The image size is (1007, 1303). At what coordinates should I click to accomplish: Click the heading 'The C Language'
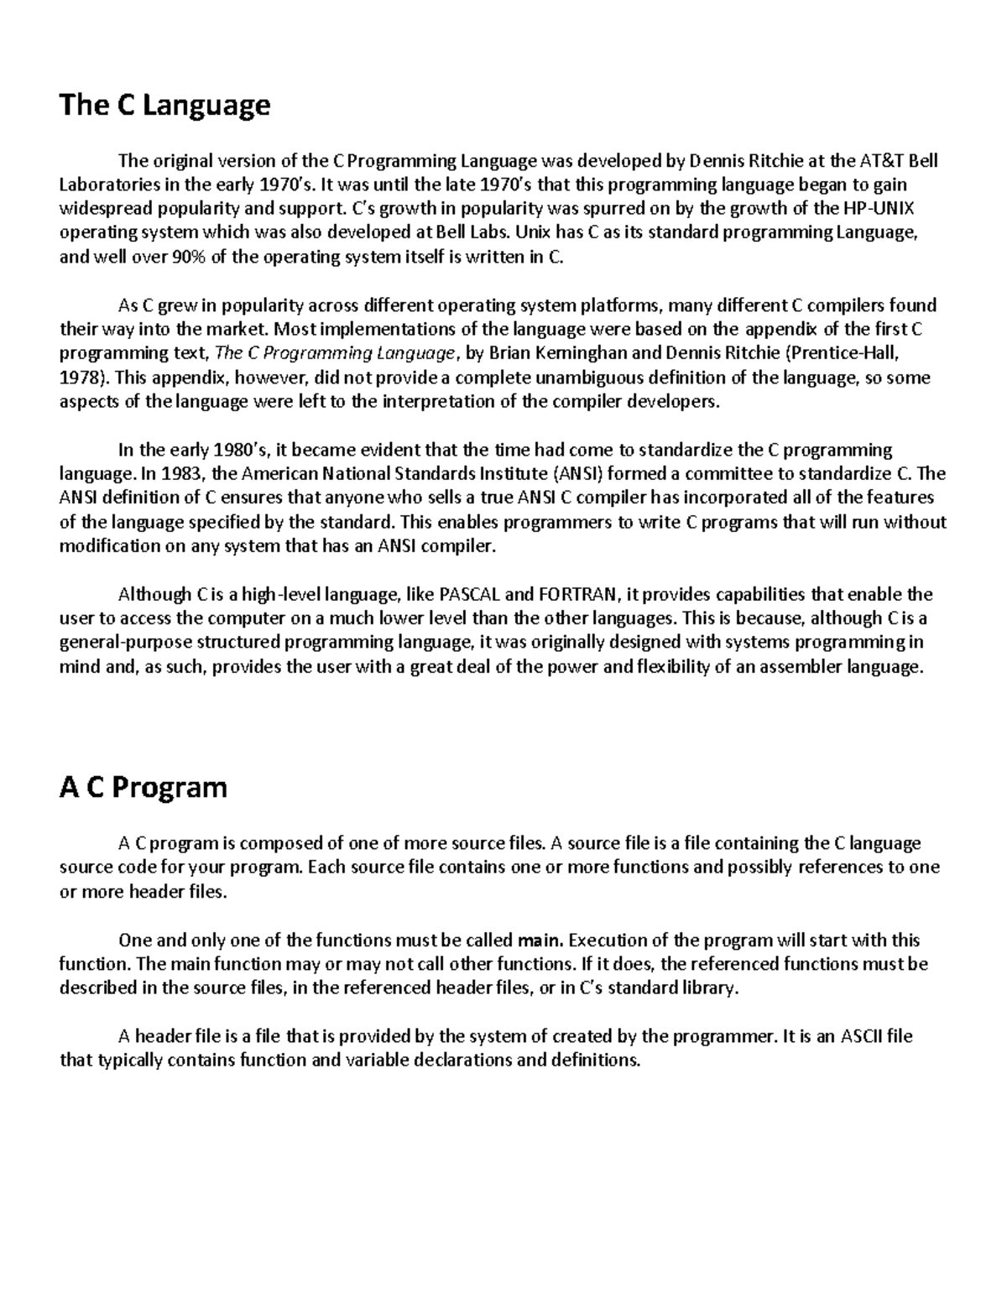click(164, 106)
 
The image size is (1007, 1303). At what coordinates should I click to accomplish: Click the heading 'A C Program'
click(143, 788)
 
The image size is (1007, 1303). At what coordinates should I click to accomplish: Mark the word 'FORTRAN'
click(577, 596)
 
